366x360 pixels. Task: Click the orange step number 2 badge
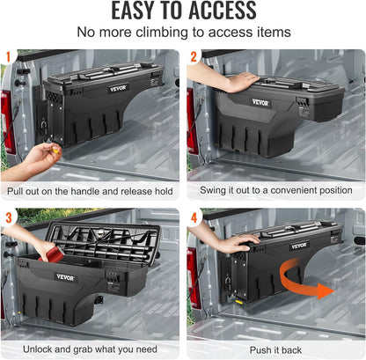(194, 56)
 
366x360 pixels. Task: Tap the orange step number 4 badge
(194, 217)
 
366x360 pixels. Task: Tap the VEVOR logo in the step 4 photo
(300, 245)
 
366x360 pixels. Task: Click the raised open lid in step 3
(104, 236)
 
